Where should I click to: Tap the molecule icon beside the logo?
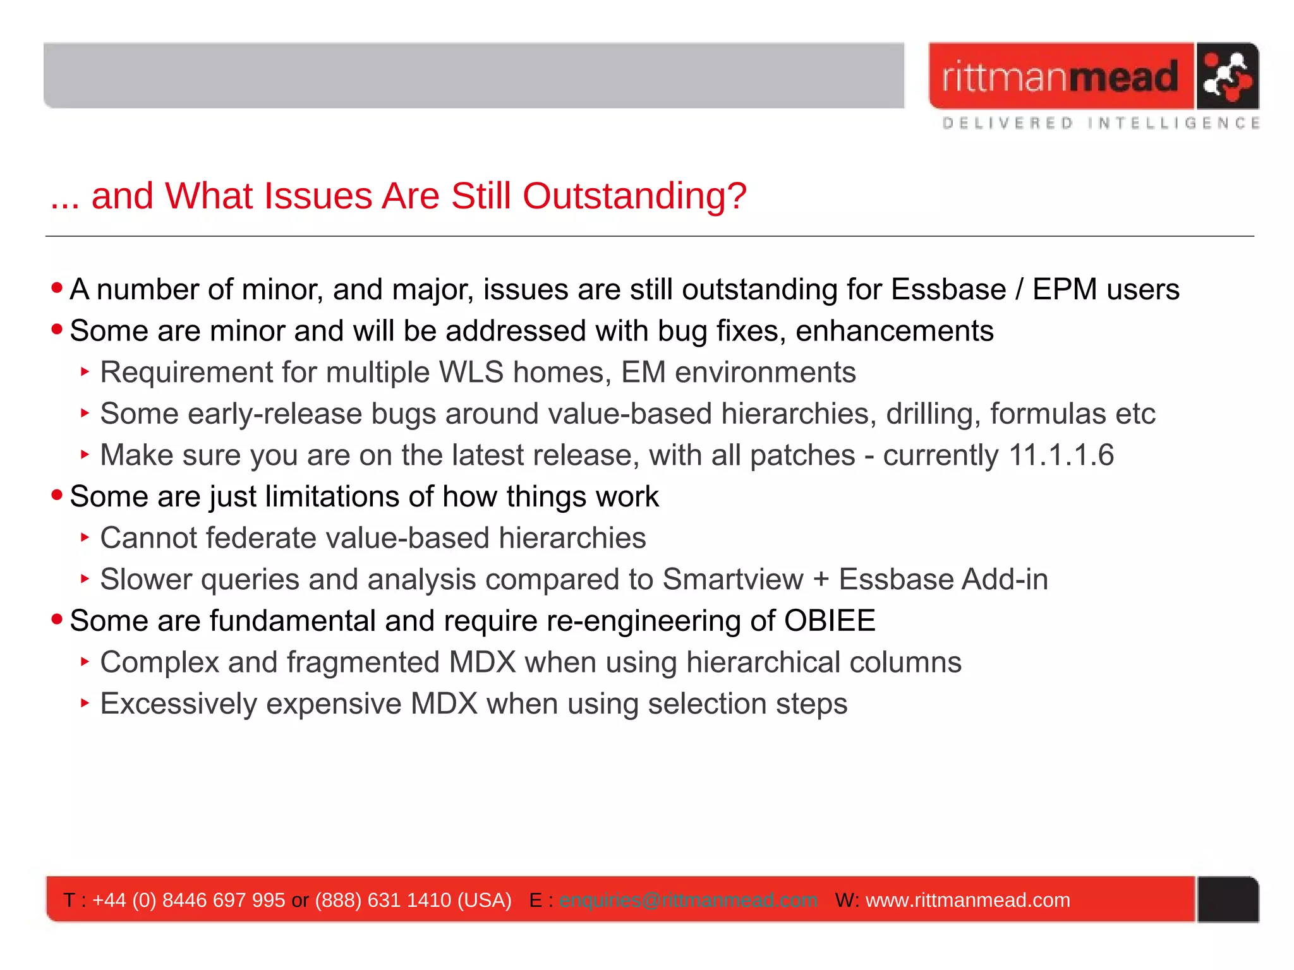pyautogui.click(x=1226, y=76)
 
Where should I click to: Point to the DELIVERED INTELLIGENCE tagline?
pyautogui.click(x=1100, y=123)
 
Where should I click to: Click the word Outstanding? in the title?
pyautogui.click(x=634, y=196)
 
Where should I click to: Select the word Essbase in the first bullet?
pyautogui.click(x=948, y=290)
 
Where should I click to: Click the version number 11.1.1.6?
pyautogui.click(x=1061, y=455)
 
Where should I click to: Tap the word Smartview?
pyautogui.click(x=732, y=580)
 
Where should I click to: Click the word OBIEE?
pyautogui.click(x=829, y=621)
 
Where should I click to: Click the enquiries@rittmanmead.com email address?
pyautogui.click(x=688, y=900)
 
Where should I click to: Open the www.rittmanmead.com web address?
pyautogui.click(x=967, y=900)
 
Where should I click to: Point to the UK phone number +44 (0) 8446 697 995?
pyautogui.click(x=188, y=900)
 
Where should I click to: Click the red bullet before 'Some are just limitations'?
pyautogui.click(x=57, y=495)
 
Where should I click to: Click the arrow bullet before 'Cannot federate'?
pyautogui.click(x=85, y=537)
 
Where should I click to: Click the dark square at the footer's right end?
pyautogui.click(x=1228, y=899)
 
